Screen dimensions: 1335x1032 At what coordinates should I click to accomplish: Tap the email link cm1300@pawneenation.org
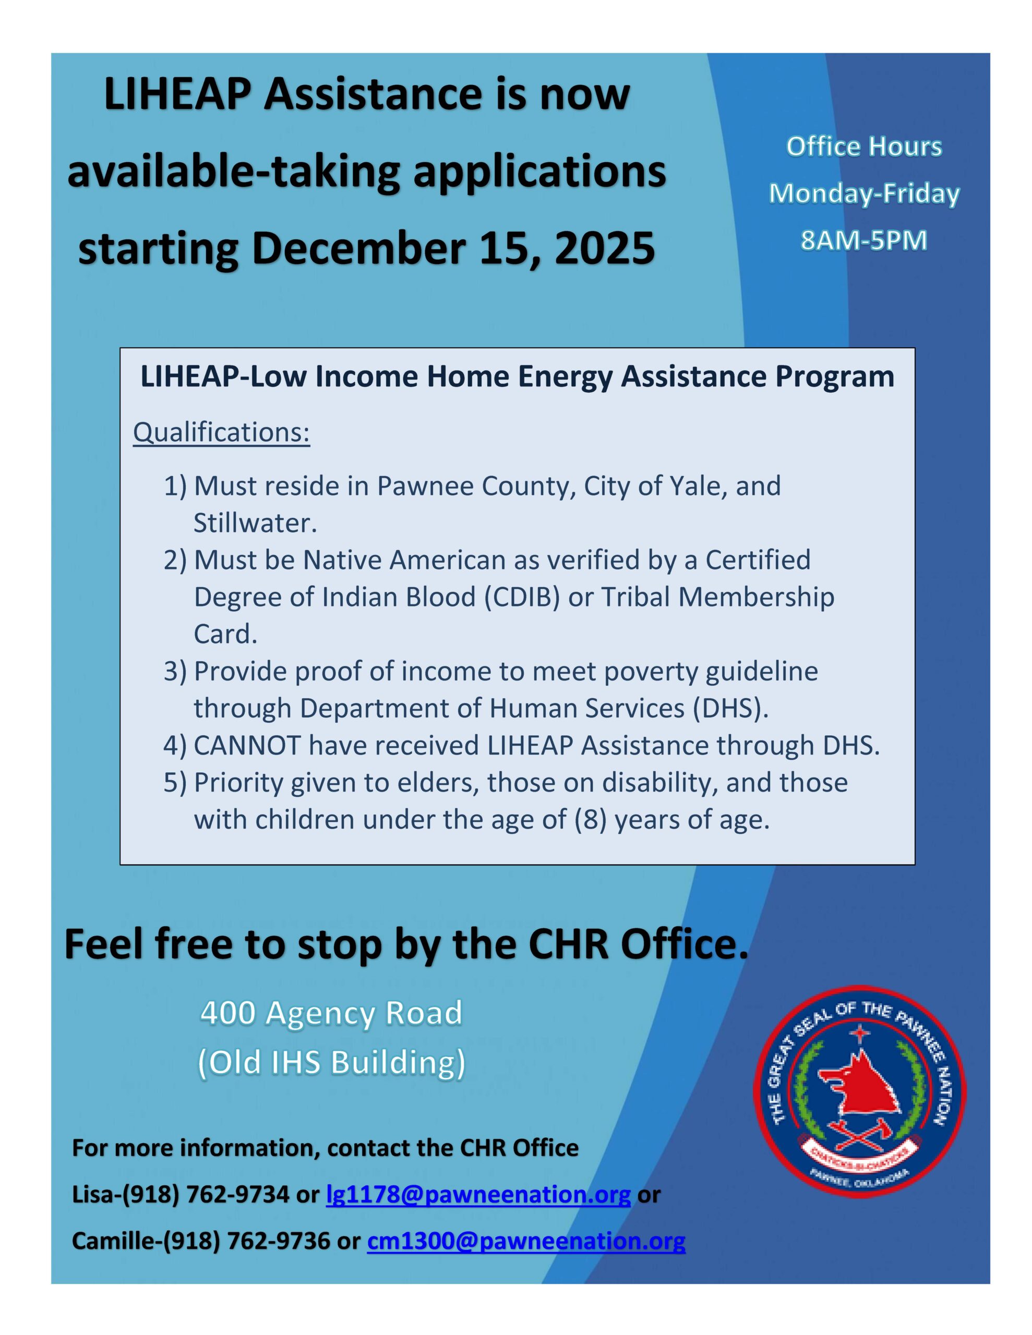[x=525, y=1241]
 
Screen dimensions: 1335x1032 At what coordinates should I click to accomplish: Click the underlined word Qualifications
[x=221, y=432]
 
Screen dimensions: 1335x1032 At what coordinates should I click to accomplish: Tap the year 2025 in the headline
[x=604, y=249]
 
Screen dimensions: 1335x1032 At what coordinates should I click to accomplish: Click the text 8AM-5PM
[x=864, y=240]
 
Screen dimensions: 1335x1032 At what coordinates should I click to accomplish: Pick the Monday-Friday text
[x=864, y=193]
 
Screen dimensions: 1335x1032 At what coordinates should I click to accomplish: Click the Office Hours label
[x=864, y=147]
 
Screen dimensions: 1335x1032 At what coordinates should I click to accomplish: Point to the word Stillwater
[x=255, y=523]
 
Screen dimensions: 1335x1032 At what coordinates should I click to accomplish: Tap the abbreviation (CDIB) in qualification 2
[x=522, y=597]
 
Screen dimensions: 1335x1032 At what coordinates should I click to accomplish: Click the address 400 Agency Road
[x=331, y=1013]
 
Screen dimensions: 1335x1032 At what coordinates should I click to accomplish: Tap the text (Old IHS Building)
[x=331, y=1062]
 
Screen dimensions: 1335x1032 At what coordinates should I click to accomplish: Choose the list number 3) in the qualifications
[x=174, y=671]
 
